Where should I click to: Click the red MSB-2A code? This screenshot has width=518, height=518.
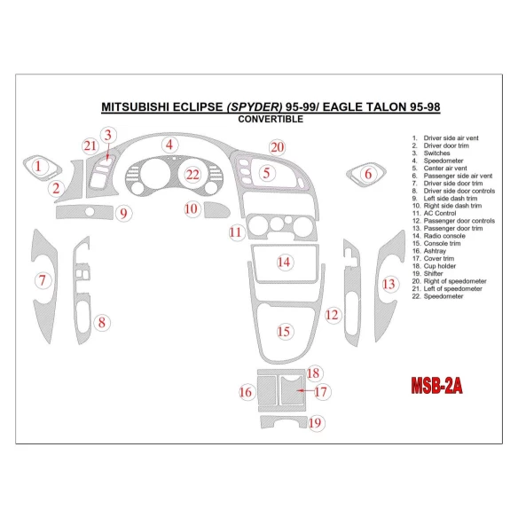437,386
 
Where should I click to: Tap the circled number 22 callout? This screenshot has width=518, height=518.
192,175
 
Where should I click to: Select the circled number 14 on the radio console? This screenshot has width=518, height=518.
284,262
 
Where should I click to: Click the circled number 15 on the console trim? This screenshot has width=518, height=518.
283,332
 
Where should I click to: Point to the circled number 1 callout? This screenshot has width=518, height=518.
37,164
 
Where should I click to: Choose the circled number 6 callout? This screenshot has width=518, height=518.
367,175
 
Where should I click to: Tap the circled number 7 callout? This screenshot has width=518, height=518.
41,281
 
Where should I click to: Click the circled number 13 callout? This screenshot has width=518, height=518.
389,284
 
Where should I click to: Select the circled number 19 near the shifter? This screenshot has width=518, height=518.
315,424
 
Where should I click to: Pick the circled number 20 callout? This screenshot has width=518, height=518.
278,146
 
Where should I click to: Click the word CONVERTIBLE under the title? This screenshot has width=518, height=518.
271,120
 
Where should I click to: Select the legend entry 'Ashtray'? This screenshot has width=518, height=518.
436,251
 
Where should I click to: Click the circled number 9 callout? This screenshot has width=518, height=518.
123,213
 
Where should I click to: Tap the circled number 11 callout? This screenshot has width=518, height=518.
235,233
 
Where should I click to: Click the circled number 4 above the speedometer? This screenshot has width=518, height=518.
168,144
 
